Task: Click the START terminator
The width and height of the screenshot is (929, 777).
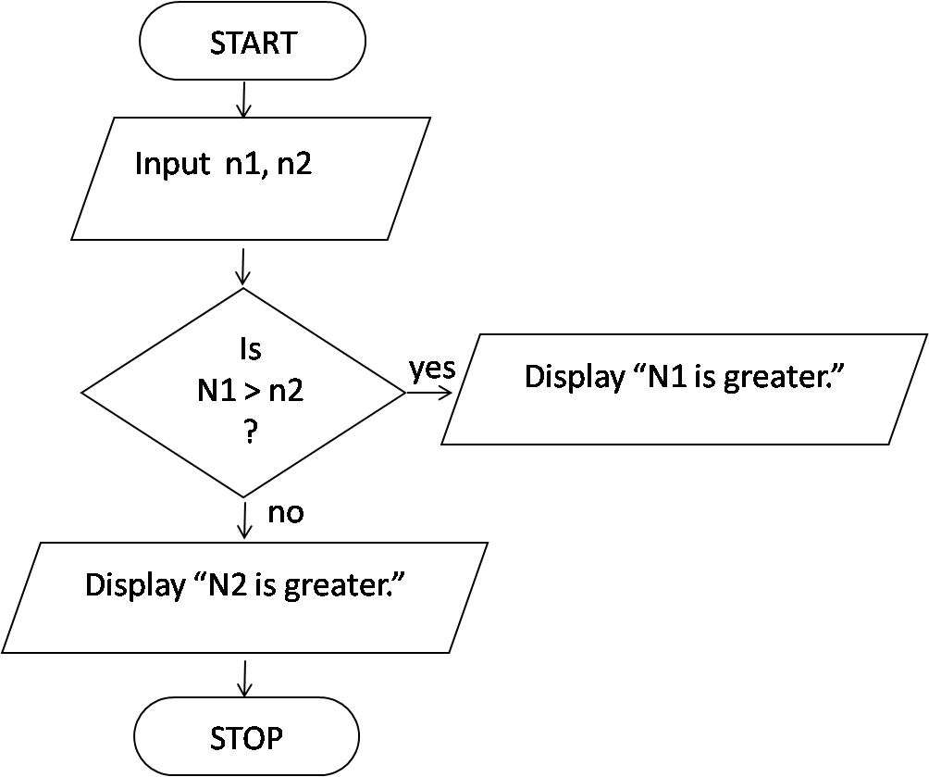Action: [x=253, y=44]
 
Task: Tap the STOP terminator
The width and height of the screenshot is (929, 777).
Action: [x=246, y=738]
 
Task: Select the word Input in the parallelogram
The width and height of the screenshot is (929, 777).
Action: [x=172, y=164]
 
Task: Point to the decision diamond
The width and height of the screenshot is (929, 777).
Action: [x=243, y=393]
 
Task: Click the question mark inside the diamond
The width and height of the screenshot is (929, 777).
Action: [x=250, y=433]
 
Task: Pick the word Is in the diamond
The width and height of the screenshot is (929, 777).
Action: [x=250, y=350]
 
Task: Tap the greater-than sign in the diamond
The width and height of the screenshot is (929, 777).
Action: [x=252, y=392]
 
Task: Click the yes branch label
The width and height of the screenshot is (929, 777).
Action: [x=432, y=369]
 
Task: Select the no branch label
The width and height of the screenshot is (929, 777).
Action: [x=286, y=512]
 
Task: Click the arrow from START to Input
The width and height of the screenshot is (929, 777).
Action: [x=243, y=100]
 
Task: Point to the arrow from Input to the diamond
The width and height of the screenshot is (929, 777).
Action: [x=243, y=266]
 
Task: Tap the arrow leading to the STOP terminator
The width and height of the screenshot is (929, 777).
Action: [x=244, y=678]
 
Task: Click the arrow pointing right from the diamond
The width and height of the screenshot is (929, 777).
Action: [x=428, y=392]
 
